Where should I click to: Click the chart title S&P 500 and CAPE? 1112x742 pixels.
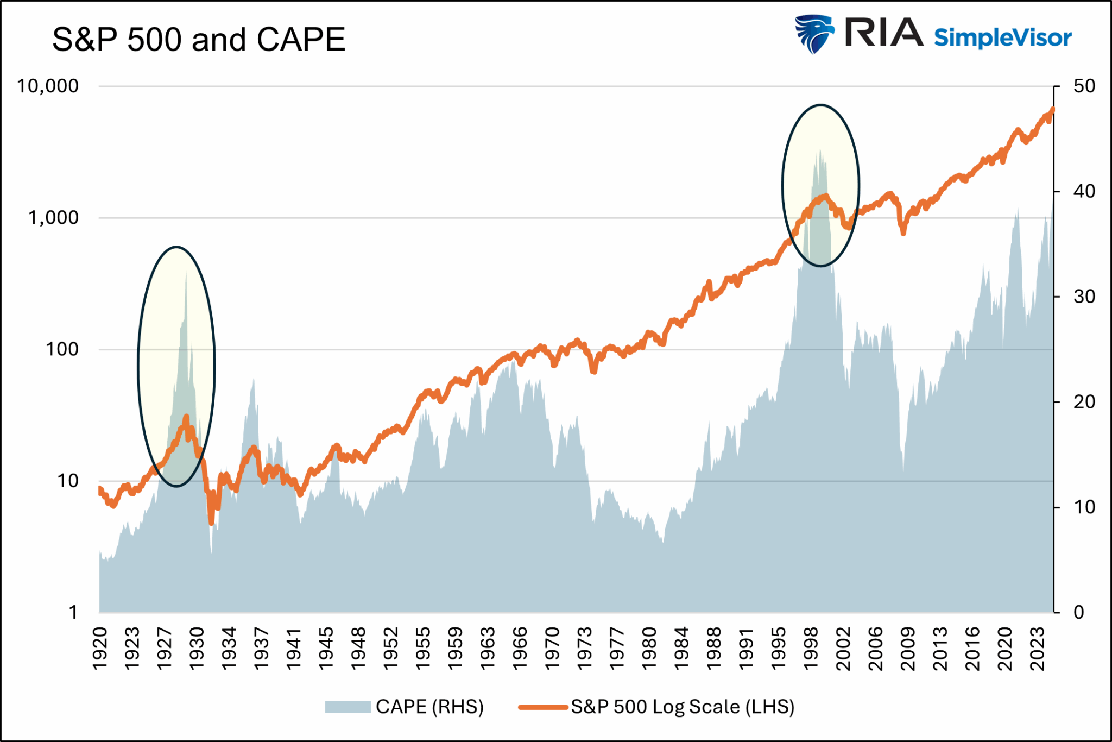click(199, 40)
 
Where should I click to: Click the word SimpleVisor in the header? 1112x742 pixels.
click(1002, 37)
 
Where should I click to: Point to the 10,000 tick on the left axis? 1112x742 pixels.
click(48, 86)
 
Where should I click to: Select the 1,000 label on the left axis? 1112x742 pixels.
click(53, 218)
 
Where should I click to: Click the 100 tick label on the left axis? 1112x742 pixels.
click(62, 349)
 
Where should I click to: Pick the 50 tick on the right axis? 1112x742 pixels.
click(1084, 86)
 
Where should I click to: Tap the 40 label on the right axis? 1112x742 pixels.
click(1084, 191)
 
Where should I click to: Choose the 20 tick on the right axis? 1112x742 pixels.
click(1084, 402)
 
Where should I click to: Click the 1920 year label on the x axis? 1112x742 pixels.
click(100, 649)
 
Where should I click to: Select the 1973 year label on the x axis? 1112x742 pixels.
click(584, 649)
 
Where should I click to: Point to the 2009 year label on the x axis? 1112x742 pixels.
click(907, 649)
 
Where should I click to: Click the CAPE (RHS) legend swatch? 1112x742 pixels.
click(347, 707)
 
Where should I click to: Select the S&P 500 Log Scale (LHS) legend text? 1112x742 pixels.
click(683, 707)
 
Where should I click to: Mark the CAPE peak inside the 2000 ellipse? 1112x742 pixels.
click(820, 148)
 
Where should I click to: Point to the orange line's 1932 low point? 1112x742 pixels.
click(211, 523)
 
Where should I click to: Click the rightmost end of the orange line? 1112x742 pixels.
click(1052, 109)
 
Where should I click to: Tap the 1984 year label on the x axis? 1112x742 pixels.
click(681, 649)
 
